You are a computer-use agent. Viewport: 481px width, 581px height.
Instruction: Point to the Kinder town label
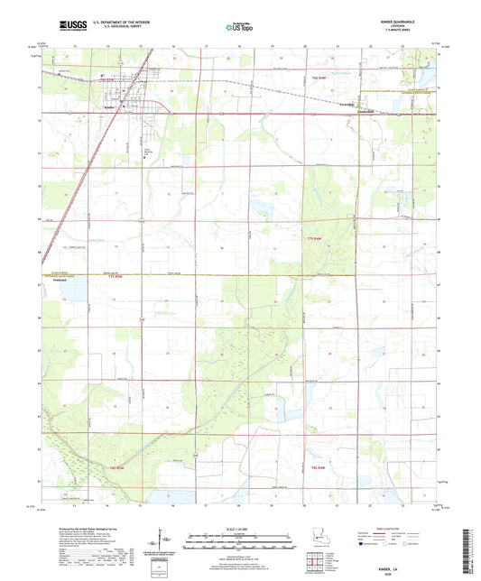[x=106, y=107]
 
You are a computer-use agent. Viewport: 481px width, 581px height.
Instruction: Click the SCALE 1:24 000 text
[x=240, y=529]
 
